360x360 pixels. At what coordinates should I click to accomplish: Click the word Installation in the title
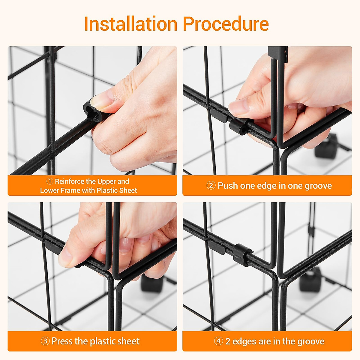pos(131,24)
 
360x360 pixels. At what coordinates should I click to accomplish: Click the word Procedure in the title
pos(226,24)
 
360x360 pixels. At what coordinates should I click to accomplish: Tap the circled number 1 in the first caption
pos(50,181)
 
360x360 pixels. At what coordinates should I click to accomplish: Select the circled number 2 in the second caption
pos(211,186)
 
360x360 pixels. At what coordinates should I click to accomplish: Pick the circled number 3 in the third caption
pos(45,341)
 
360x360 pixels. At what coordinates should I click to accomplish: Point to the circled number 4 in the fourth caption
pos(219,341)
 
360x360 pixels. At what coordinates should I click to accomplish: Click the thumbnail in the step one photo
pos(102,101)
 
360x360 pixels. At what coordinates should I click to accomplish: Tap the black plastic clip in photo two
pos(238,127)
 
